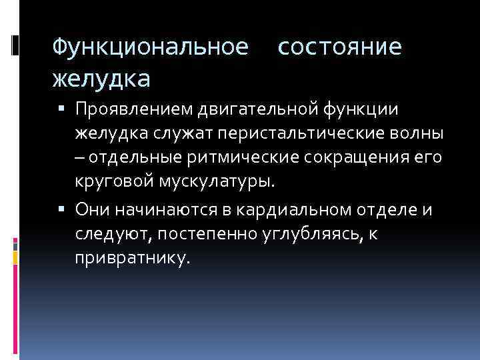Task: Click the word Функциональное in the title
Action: pos(151,47)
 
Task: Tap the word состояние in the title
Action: pos(339,47)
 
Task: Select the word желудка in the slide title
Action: pos(101,79)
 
